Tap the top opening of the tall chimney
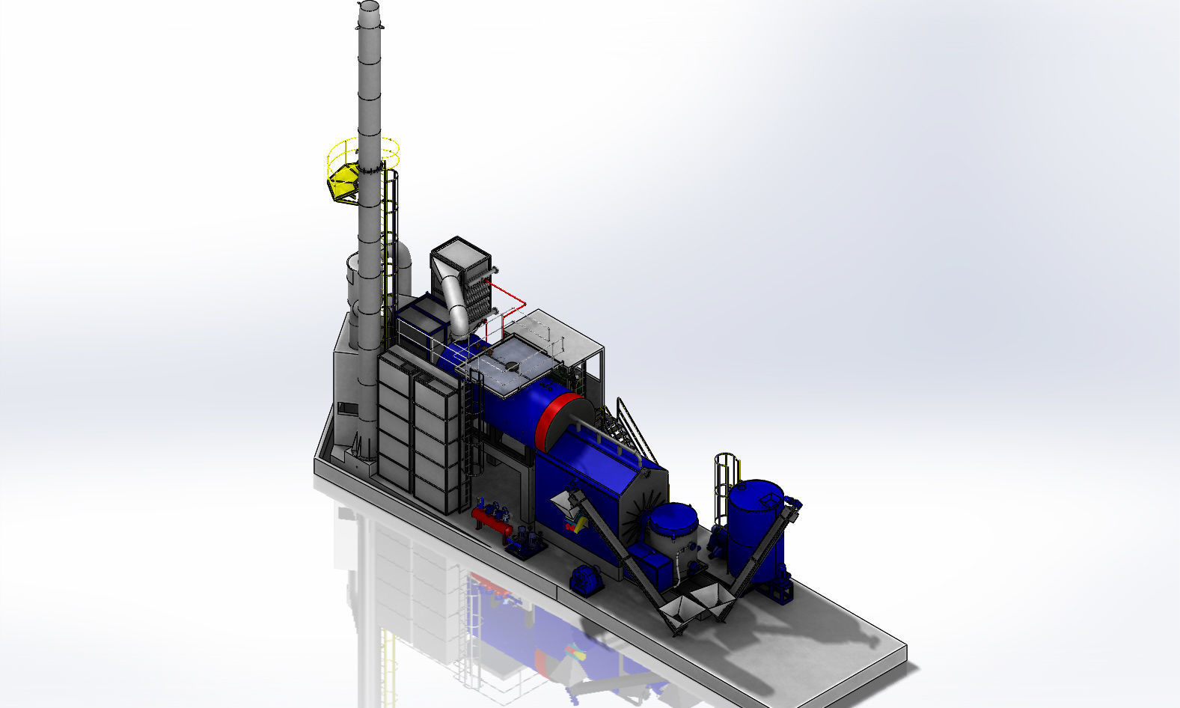pos(368,6)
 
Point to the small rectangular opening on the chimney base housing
pos(347,408)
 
